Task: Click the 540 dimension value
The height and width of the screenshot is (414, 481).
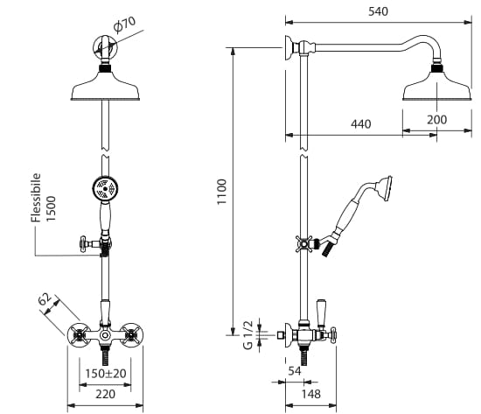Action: [378, 11]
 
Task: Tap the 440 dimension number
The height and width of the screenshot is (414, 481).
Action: [360, 124]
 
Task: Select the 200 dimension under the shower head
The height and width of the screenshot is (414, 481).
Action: [436, 119]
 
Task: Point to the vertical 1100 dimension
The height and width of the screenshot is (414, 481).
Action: [221, 192]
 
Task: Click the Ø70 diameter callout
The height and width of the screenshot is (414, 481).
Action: [124, 25]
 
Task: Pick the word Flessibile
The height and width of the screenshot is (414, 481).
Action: [36, 198]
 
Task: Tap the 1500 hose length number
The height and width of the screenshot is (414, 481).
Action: [51, 208]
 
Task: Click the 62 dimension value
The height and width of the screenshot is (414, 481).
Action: [45, 299]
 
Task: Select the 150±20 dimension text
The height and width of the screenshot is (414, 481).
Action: [106, 374]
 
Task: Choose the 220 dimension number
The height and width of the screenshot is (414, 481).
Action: [105, 394]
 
